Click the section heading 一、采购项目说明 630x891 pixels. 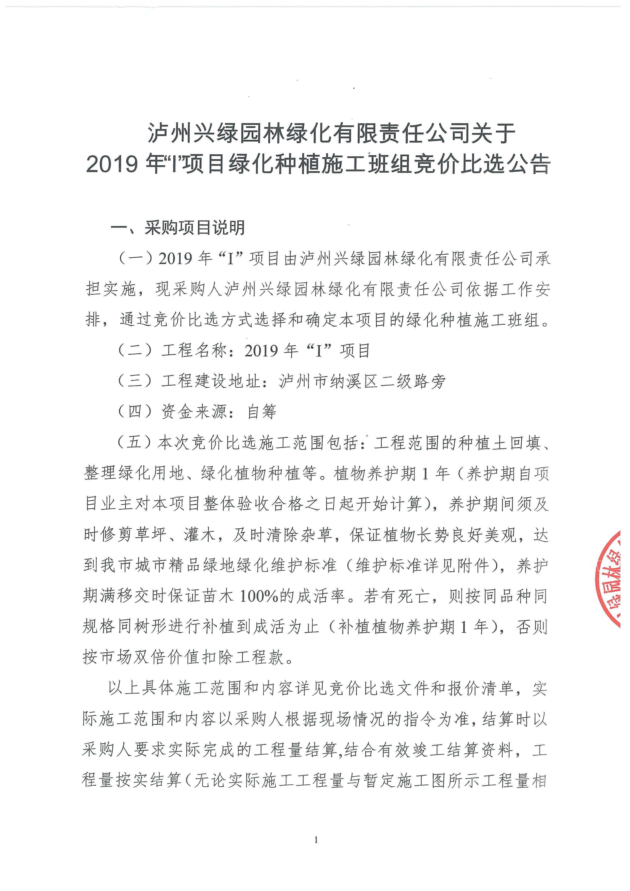point(178,228)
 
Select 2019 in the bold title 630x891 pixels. point(112,164)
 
